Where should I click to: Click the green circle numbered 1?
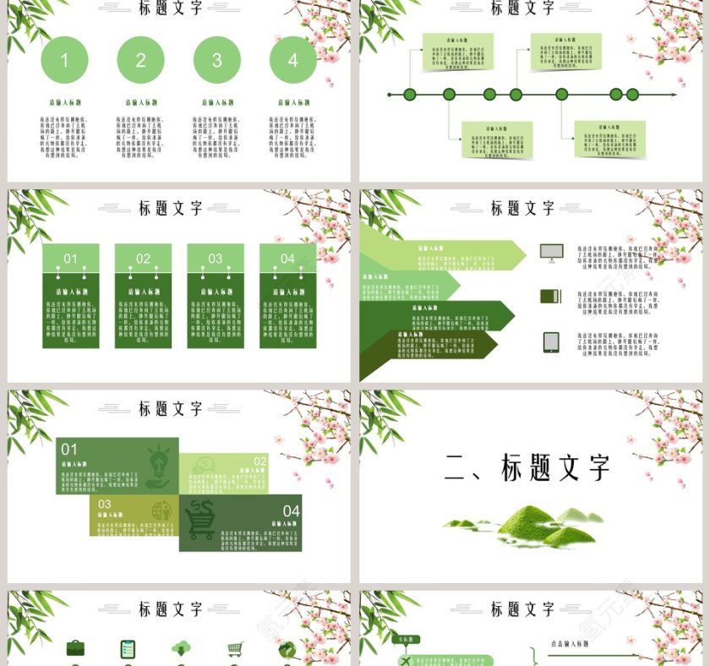pyautogui.click(x=64, y=60)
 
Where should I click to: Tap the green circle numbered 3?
pyautogui.click(x=216, y=60)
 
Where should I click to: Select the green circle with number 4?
pyautogui.click(x=292, y=60)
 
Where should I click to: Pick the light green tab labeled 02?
pyautogui.click(x=143, y=259)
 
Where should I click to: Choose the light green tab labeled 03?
pyautogui.click(x=216, y=259)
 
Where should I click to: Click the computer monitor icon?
pyautogui.click(x=550, y=252)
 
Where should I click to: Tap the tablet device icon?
pyautogui.click(x=551, y=341)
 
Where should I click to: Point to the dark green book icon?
pyautogui.click(x=550, y=296)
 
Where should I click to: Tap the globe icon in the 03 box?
pyautogui.click(x=160, y=510)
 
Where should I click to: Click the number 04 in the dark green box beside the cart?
pyautogui.click(x=291, y=510)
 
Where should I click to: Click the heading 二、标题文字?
pyautogui.click(x=527, y=468)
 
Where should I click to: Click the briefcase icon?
pyautogui.click(x=75, y=648)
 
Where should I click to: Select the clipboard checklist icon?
pyautogui.click(x=128, y=648)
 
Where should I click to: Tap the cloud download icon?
pyautogui.click(x=181, y=648)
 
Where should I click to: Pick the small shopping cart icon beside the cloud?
pyautogui.click(x=235, y=648)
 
